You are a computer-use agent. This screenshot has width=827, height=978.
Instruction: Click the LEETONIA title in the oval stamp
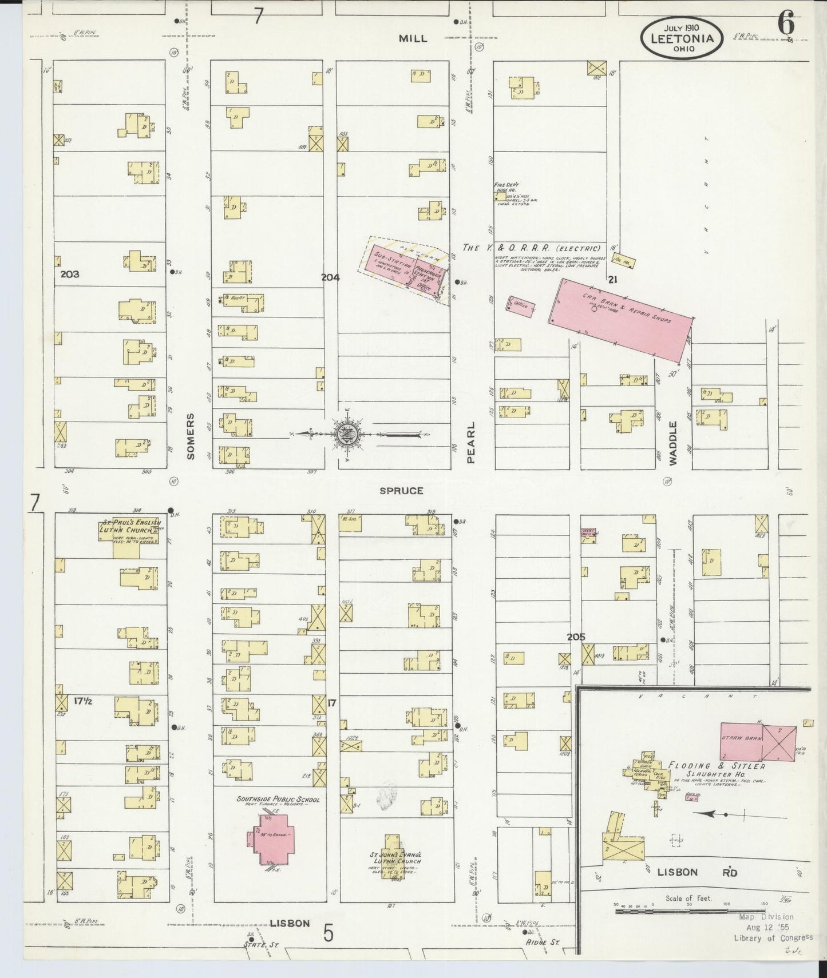pyautogui.click(x=681, y=38)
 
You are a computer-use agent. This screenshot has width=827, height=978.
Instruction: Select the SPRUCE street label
pyautogui.click(x=402, y=491)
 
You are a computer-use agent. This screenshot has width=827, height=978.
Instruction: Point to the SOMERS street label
pyautogui.click(x=190, y=436)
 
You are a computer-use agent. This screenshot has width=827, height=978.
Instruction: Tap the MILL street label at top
pyautogui.click(x=413, y=38)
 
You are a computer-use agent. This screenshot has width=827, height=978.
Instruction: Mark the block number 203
pyautogui.click(x=70, y=274)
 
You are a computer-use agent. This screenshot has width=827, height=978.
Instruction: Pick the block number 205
pyautogui.click(x=576, y=637)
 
